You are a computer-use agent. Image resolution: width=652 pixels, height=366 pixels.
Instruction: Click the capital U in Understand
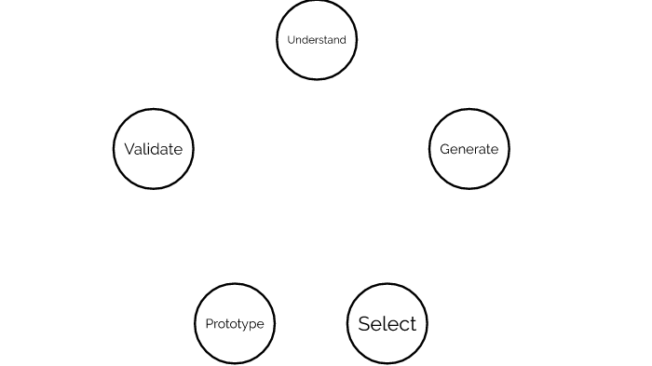click(x=291, y=40)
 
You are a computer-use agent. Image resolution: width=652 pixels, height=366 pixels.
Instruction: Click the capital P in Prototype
click(x=209, y=324)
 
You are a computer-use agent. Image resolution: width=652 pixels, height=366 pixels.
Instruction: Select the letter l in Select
click(x=387, y=323)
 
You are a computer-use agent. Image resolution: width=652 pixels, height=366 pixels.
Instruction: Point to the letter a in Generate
click(x=482, y=150)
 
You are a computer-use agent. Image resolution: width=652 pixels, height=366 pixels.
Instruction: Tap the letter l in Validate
click(x=145, y=149)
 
